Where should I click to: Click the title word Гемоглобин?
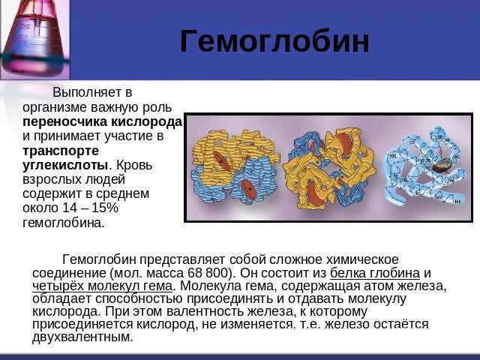click(274, 42)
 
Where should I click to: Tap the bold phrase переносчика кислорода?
click(103, 121)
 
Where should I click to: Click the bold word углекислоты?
click(66, 165)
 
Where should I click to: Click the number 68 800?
click(211, 273)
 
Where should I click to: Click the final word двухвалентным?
click(82, 337)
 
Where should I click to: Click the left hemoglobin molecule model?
click(232, 166)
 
